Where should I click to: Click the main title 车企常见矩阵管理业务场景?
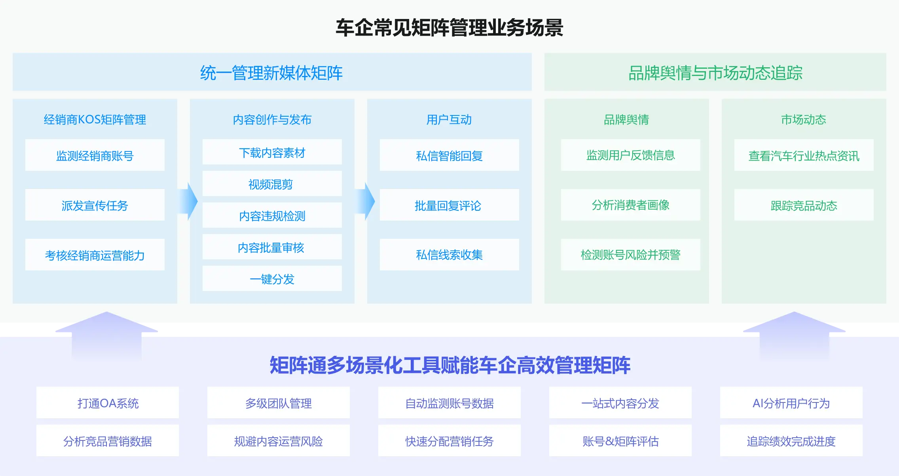click(449, 28)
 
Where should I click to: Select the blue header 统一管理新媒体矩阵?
click(272, 72)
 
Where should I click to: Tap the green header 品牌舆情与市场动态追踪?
click(715, 72)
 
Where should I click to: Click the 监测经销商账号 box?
click(95, 155)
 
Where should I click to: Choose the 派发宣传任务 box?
click(95, 205)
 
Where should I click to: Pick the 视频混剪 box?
click(272, 183)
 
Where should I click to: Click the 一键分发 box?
click(272, 278)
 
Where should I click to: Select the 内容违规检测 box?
click(272, 215)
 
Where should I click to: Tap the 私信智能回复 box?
click(449, 155)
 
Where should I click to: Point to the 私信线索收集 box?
click(449, 255)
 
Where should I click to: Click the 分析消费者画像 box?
click(631, 205)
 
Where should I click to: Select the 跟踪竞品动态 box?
click(804, 205)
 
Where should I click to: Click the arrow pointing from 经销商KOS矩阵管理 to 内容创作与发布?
click(188, 201)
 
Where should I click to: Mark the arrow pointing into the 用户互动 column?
click(366, 201)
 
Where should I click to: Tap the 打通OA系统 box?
click(108, 402)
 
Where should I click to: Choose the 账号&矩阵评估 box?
click(620, 440)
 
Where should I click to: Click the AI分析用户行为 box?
click(791, 402)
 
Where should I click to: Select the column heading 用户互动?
click(449, 119)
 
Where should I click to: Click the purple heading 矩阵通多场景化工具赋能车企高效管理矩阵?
click(450, 365)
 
